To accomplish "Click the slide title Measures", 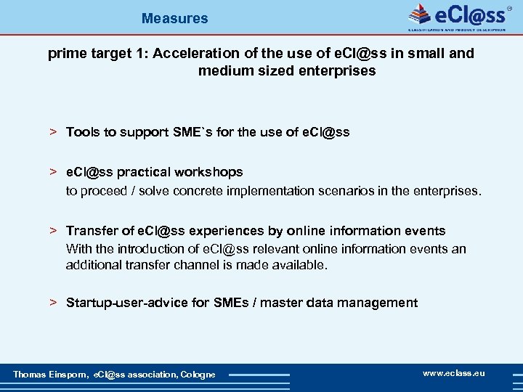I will (x=174, y=18).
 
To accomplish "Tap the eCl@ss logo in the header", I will (x=458, y=16).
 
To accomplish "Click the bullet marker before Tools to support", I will (x=53, y=132).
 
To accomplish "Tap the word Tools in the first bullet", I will (x=82, y=132).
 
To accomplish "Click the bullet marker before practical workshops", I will (x=53, y=172).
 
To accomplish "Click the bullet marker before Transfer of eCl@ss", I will (x=53, y=231).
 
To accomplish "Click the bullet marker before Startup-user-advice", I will (x=53, y=303).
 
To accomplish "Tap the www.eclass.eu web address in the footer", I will (x=453, y=373).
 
